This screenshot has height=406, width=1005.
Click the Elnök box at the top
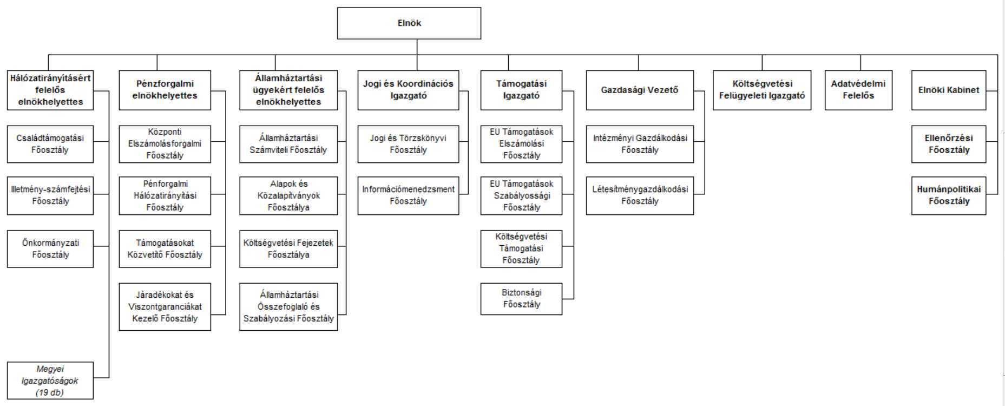point(409,23)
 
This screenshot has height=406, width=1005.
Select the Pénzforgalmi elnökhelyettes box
point(165,90)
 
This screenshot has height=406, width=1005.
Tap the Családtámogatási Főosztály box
point(50,144)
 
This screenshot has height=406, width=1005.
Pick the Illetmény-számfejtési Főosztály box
point(50,195)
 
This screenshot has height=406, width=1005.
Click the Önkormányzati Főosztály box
point(50,249)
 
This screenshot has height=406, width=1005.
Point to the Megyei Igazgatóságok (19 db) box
point(50,381)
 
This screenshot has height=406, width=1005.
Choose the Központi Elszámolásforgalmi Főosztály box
point(165,144)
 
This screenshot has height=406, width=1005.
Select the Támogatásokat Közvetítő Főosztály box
point(165,249)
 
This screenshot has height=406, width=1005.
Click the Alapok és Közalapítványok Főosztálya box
point(288,195)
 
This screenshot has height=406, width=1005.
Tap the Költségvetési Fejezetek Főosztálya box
point(288,249)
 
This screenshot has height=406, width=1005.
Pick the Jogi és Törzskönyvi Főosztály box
point(408,144)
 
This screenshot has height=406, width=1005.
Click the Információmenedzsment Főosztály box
point(408,195)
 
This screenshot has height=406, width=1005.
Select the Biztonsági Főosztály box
point(521,299)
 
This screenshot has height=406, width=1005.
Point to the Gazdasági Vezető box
point(640,90)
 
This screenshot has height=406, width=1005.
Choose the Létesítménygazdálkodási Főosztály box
point(640,195)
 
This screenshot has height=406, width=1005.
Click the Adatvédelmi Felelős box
point(858,90)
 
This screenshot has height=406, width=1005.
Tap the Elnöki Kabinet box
point(948,90)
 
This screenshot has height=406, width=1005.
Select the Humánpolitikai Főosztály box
point(948,195)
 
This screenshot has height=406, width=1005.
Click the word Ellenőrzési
point(948,138)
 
